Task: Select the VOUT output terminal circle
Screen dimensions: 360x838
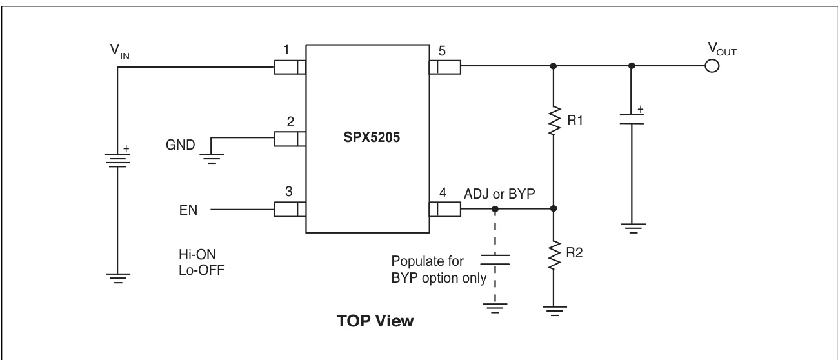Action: click(712, 66)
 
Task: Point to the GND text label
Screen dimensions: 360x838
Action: click(180, 145)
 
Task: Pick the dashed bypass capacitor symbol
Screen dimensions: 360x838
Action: click(495, 259)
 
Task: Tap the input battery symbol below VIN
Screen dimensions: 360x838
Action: click(117, 156)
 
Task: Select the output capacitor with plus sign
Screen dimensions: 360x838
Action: click(632, 119)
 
